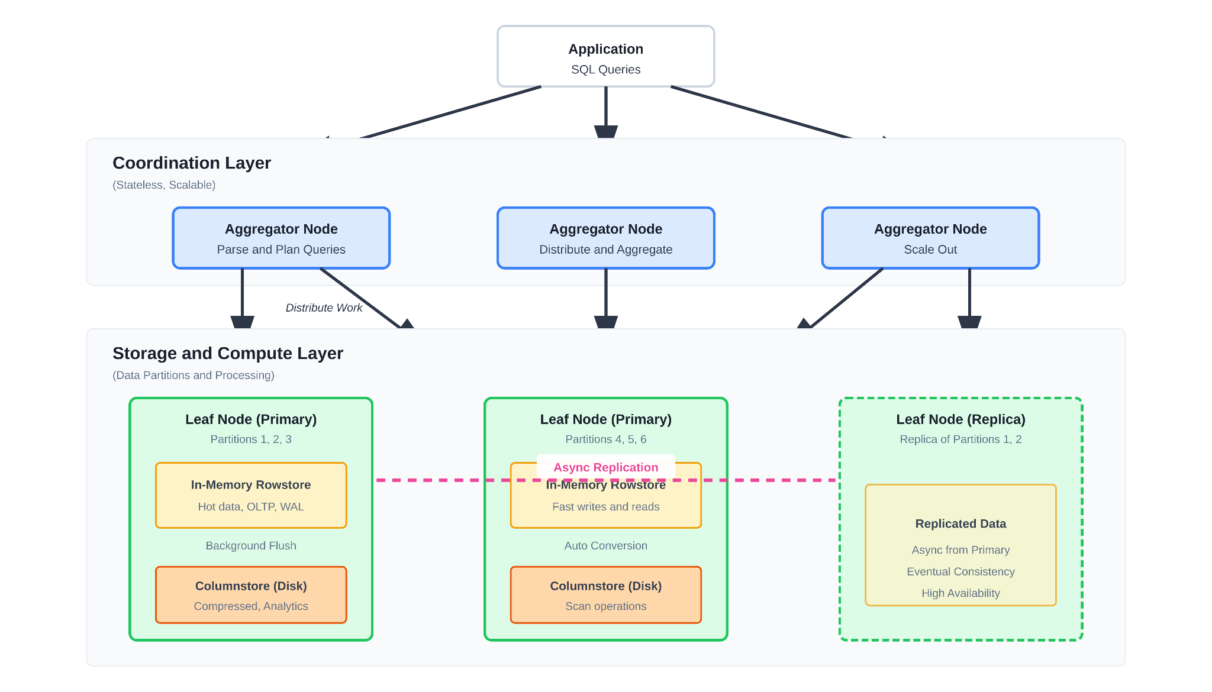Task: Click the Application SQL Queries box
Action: (x=605, y=57)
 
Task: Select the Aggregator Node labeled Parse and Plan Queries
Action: (x=281, y=238)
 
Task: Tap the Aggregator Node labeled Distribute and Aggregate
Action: (x=605, y=238)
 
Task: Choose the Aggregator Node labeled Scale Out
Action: (x=930, y=238)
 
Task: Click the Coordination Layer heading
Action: (x=192, y=163)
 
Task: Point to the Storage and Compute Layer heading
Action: (x=228, y=353)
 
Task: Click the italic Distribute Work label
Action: (x=324, y=308)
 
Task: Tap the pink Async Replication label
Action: (x=605, y=467)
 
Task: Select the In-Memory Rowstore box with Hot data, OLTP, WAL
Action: (x=251, y=496)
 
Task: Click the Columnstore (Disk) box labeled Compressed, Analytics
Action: (x=251, y=595)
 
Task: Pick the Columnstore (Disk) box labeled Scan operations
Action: (x=605, y=595)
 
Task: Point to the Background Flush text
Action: (x=251, y=545)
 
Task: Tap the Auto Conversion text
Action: (x=605, y=545)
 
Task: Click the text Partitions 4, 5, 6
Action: (x=605, y=439)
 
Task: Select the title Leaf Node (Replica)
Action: (x=960, y=419)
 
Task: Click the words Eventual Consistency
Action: (x=960, y=571)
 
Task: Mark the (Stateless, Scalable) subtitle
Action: (x=164, y=185)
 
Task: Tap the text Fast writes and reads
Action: (x=605, y=507)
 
